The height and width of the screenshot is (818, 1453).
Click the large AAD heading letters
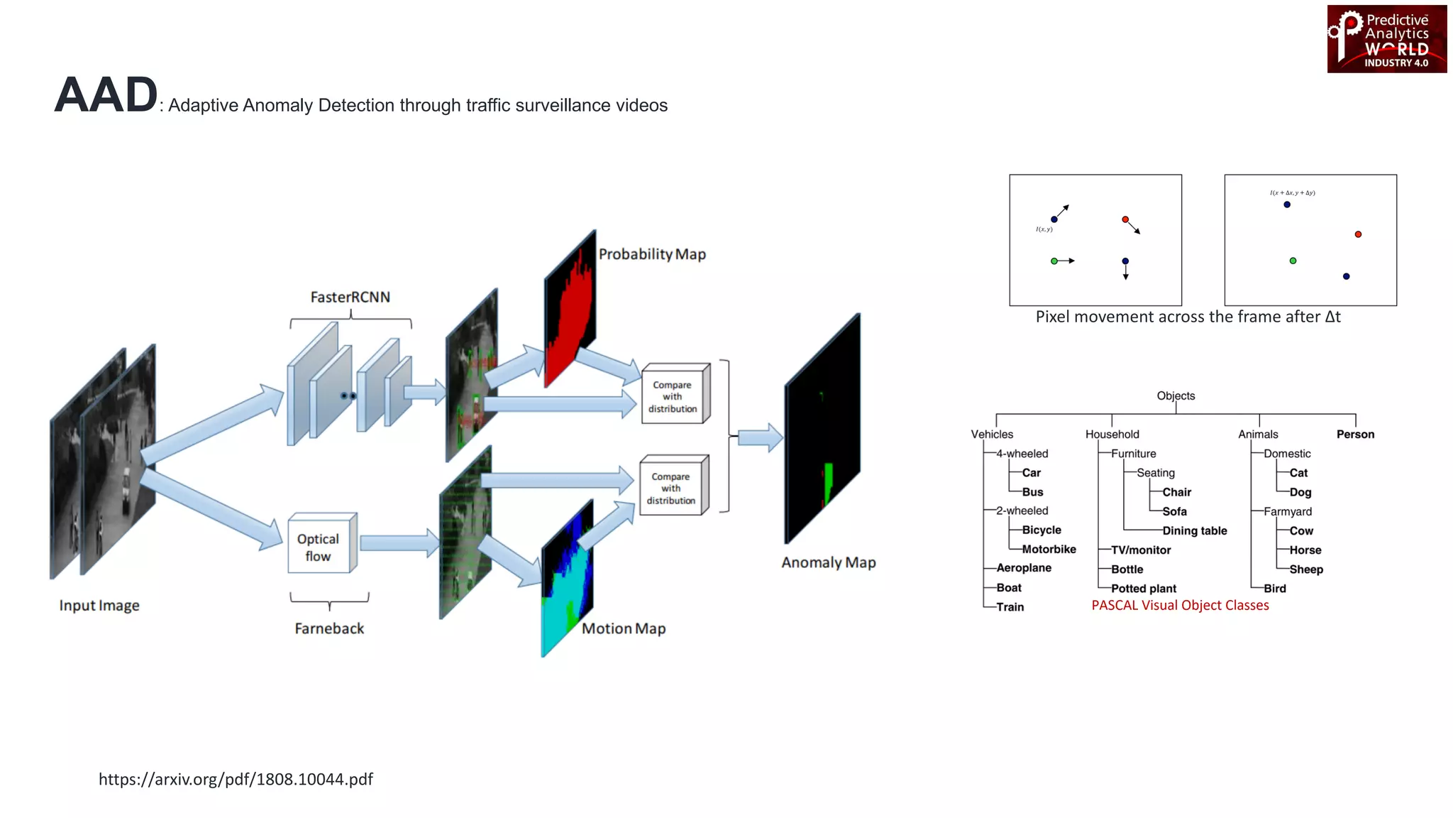106,95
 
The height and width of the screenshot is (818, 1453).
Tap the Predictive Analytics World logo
1386,39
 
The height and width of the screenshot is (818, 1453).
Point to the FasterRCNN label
350,297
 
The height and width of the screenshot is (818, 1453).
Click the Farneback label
329,628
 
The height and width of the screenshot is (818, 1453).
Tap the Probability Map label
652,254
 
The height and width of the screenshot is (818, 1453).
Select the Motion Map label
623,628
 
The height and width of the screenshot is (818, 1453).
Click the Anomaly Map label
828,562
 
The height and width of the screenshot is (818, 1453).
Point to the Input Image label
99,606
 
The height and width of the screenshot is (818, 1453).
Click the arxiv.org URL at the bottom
236,779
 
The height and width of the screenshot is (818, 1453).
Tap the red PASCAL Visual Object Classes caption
1180,605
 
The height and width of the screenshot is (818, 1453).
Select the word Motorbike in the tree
1049,549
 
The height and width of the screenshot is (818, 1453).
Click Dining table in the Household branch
1194,530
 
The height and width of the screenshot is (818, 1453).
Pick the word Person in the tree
1355,434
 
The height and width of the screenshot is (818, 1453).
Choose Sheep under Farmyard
1305,569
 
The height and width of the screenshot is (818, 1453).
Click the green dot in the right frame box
1293,261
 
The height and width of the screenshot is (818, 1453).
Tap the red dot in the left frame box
1125,219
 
